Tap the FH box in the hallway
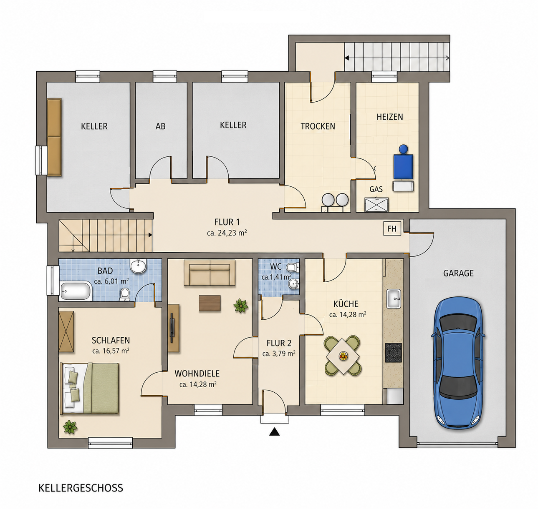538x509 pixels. click(x=392, y=228)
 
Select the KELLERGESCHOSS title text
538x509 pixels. click(x=81, y=488)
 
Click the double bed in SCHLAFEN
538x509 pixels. click(x=90, y=389)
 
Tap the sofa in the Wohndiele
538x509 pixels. click(x=210, y=273)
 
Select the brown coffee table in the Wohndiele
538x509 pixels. click(x=210, y=303)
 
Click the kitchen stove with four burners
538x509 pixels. click(x=393, y=353)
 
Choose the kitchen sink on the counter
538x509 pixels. click(x=394, y=299)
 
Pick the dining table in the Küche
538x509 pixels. click(x=343, y=356)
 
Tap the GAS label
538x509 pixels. click(x=376, y=189)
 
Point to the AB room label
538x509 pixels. click(x=160, y=126)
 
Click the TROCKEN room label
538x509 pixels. click(x=318, y=126)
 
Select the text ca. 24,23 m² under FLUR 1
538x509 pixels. click(x=227, y=233)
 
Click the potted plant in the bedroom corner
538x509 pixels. click(x=70, y=427)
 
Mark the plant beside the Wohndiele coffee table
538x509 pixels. click(x=241, y=305)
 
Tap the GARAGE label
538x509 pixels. click(x=458, y=273)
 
